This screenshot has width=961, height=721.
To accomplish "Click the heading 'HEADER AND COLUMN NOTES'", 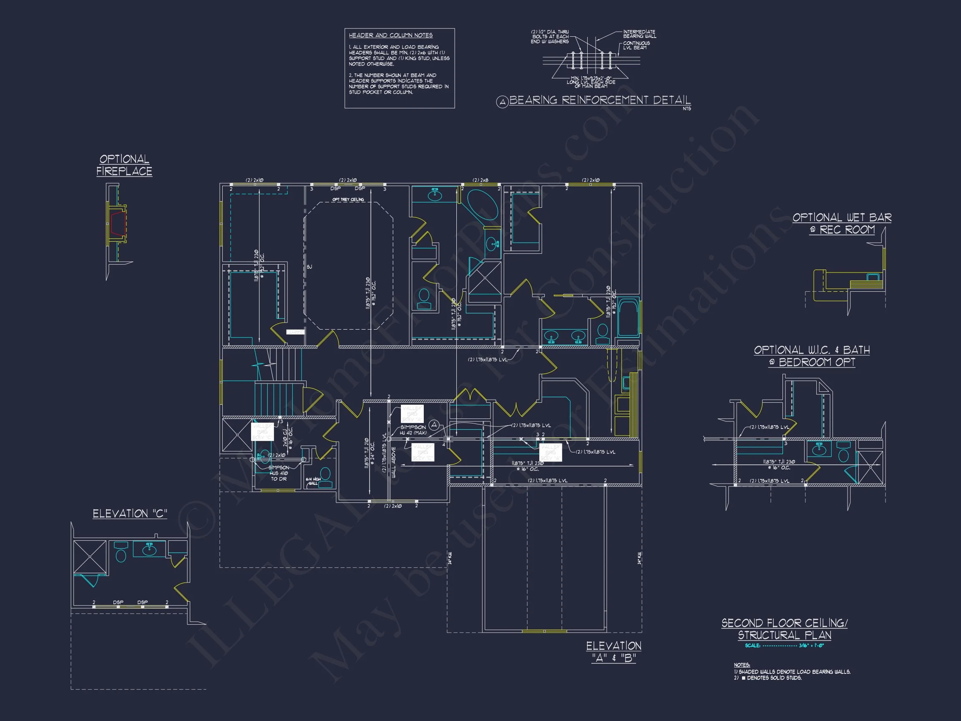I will coord(390,35).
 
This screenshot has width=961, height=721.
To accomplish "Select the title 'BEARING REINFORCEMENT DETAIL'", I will coord(599,101).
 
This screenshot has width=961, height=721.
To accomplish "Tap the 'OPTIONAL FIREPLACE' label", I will coord(124,165).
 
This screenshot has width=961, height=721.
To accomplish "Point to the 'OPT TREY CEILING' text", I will coord(348,199).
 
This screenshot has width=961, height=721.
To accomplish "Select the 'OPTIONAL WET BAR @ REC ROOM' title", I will coord(842,223).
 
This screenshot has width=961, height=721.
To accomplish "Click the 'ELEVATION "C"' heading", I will coord(130,514).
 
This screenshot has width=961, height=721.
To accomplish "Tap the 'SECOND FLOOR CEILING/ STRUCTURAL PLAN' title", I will coord(784,629).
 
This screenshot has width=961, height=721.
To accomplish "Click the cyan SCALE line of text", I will coord(784,646).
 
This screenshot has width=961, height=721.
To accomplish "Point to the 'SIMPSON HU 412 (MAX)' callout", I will coord(413,430).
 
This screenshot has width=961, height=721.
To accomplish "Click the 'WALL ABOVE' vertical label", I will coord(394,462).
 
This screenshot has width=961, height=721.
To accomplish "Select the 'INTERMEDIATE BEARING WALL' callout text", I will coord(639,34).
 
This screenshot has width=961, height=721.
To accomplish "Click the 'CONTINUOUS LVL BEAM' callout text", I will coord(636,45).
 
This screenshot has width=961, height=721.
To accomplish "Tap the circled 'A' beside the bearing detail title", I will coord(502,102).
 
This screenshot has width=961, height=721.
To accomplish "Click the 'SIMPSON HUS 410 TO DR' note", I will coord(279,473).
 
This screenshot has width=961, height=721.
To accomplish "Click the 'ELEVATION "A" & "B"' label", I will coord(614,652).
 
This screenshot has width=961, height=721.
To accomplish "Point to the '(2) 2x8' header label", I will coord(480,180).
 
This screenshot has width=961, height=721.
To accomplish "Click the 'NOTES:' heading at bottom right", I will coord(742,665).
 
